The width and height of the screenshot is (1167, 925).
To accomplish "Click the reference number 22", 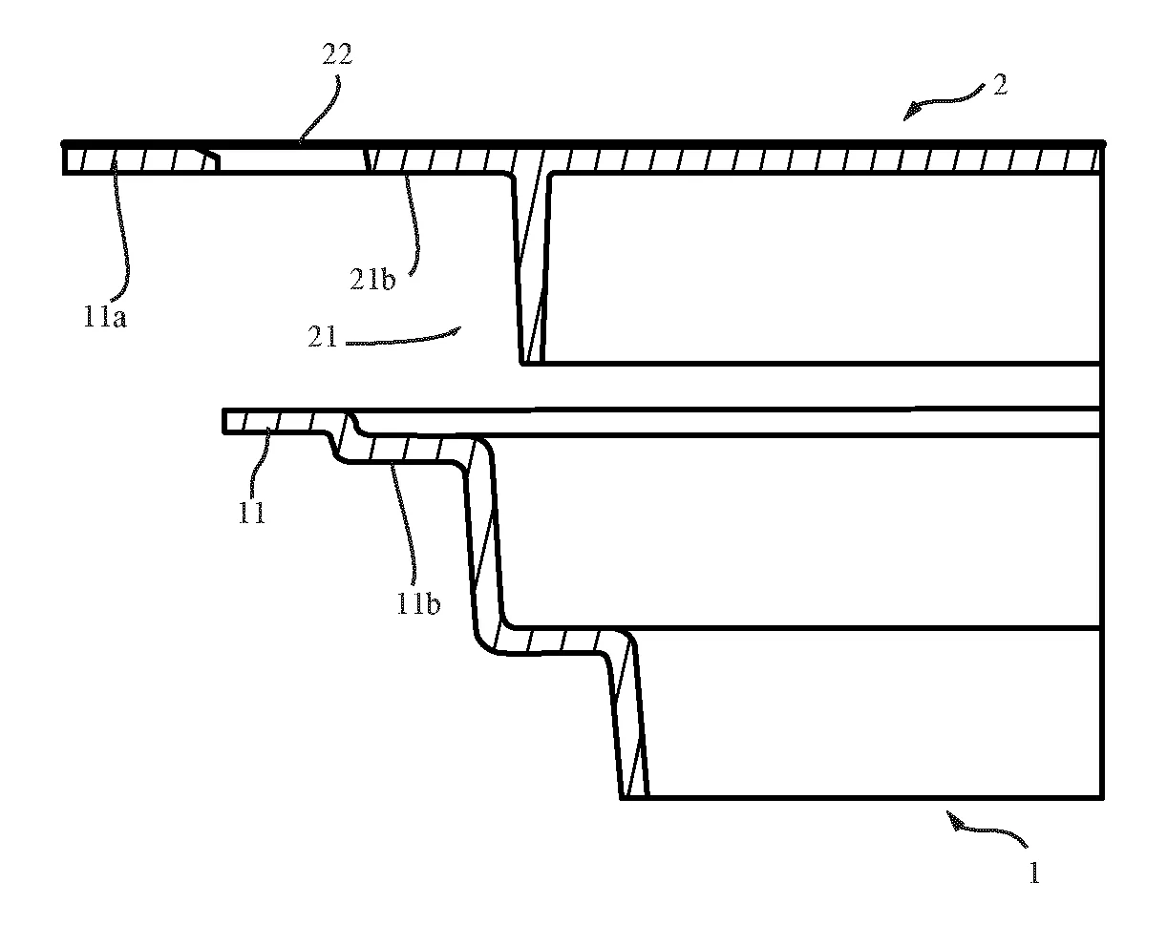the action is pos(337,54).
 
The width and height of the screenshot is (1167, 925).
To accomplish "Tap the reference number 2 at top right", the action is pos(1000,85).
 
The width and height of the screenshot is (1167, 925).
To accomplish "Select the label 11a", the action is pos(105,317).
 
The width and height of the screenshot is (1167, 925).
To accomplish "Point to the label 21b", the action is pos(372,280).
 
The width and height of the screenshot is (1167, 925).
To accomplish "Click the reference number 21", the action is pos(322,337).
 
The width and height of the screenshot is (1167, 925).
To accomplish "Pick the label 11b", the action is pos(418,603).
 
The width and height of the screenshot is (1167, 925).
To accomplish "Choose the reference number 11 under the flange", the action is pos(252,513).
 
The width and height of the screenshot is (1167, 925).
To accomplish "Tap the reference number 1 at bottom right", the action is pos(1034,872).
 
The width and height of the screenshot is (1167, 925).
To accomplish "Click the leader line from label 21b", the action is pos(414,224).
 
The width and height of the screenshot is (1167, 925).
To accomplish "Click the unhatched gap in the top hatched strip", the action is pos(292,159).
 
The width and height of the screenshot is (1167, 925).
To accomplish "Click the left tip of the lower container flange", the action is pos(223,421).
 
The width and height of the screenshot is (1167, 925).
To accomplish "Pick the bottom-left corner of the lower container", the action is pos(622,798).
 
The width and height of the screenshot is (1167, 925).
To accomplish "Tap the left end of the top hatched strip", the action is pos(63,159).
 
